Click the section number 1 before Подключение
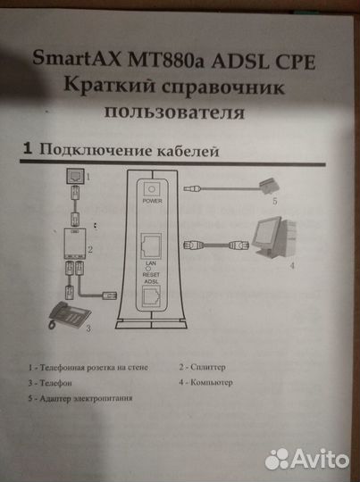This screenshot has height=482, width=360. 28,151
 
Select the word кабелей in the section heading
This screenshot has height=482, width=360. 187,152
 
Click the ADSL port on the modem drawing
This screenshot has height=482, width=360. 151,294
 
